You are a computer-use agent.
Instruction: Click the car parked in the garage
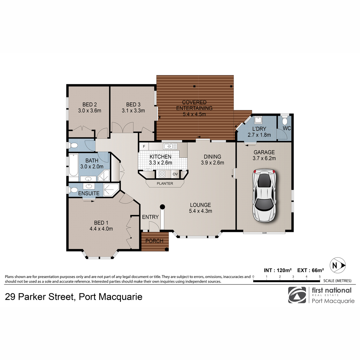[264, 196]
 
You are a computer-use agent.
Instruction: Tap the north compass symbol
[337, 265]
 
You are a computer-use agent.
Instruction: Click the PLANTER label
[165, 184]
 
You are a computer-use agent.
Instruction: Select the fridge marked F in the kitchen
[144, 146]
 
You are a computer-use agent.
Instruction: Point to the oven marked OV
[175, 174]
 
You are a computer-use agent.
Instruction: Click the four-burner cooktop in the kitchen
[162, 174]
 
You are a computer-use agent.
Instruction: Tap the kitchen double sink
[170, 146]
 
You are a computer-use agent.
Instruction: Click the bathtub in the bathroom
[73, 165]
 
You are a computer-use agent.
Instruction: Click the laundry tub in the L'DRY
[258, 120]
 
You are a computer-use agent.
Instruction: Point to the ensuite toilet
[73, 190]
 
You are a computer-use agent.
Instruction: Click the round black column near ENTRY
[162, 207]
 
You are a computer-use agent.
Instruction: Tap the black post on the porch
[166, 249]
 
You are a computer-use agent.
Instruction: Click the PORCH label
[154, 241]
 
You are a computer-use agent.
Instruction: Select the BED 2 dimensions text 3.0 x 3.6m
[89, 111]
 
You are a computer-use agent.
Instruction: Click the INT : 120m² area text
[277, 270]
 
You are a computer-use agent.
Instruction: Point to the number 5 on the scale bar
[319, 277]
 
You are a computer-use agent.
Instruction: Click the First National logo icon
[297, 295]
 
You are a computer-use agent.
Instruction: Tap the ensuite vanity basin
[89, 186]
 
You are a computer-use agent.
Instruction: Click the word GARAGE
[264, 152]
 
